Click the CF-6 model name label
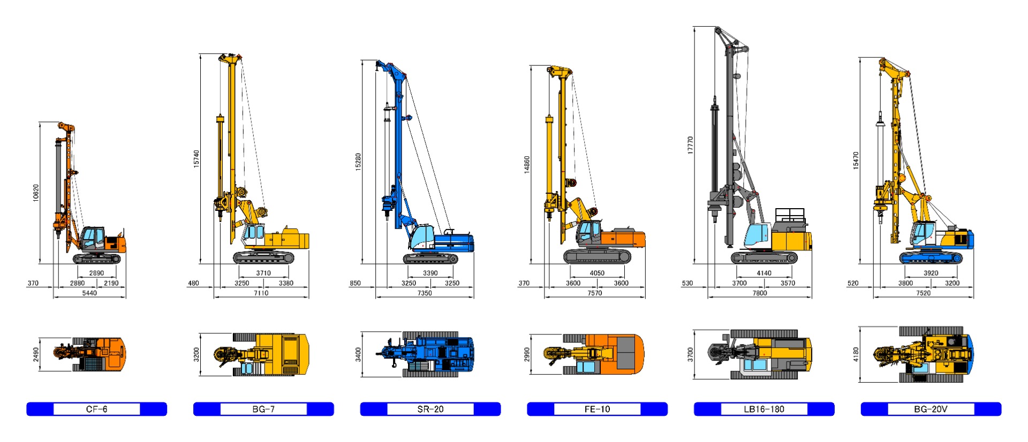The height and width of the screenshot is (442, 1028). (x=96, y=409)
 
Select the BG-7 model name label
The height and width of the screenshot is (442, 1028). (x=263, y=409)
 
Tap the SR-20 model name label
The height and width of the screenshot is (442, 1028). (x=430, y=409)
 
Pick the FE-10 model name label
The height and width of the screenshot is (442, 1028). (x=597, y=409)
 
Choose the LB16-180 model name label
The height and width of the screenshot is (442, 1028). (x=764, y=409)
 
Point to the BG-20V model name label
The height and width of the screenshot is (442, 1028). (x=931, y=409)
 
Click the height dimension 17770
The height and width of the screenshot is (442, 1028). (x=690, y=145)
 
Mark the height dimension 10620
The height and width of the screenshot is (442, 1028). (x=36, y=193)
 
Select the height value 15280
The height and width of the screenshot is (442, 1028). (x=358, y=162)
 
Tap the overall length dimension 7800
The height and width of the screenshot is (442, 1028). (x=759, y=293)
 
